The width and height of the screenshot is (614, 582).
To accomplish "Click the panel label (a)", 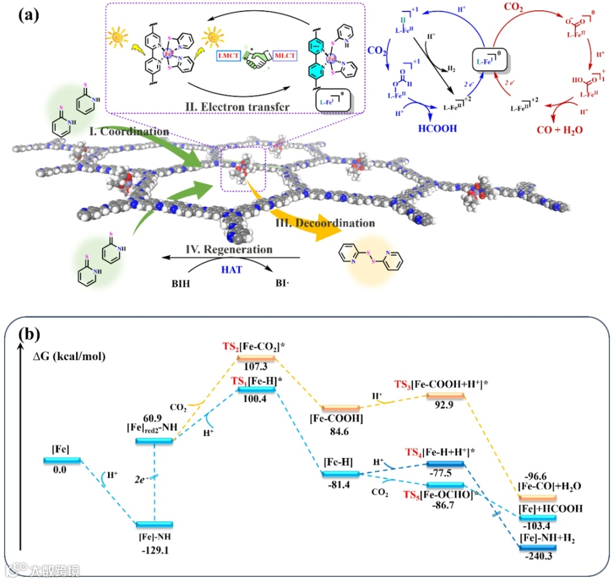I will point(28,15).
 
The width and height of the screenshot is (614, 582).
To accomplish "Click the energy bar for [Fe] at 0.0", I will point(62,460).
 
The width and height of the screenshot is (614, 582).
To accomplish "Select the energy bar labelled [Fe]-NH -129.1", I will point(154,524).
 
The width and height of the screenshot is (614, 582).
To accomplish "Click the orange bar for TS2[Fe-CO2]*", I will point(256,358).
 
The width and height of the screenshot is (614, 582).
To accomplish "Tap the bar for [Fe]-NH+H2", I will point(537,547).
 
